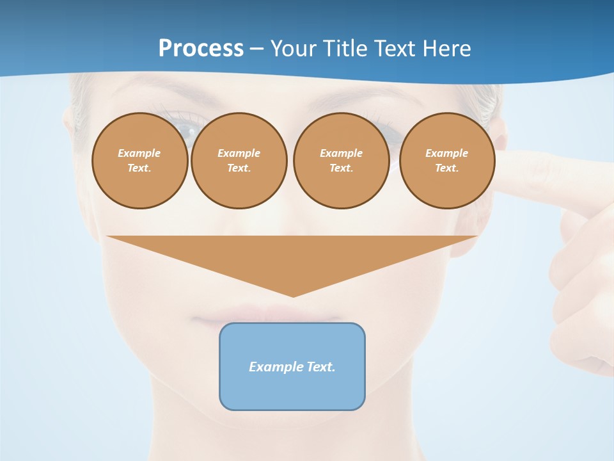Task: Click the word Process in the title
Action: pyautogui.click(x=201, y=49)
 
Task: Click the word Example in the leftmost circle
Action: pyautogui.click(x=139, y=153)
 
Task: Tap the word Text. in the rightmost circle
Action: pyautogui.click(x=446, y=168)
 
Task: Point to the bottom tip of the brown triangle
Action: pyautogui.click(x=293, y=296)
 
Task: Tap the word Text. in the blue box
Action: pyautogui.click(x=321, y=367)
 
